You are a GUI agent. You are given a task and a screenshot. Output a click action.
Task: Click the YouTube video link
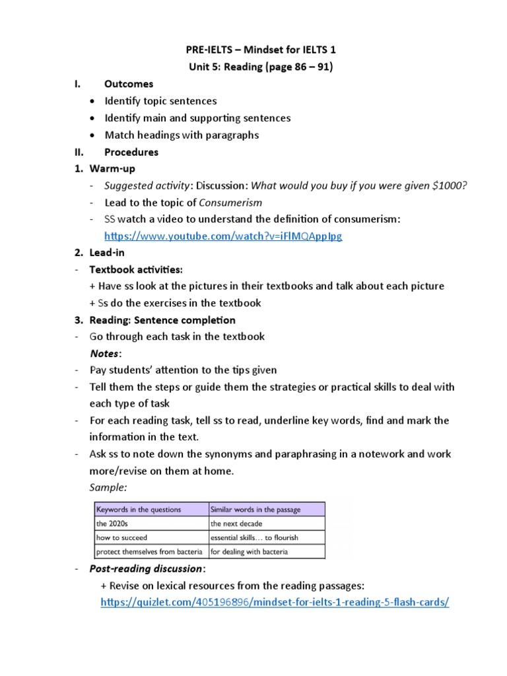(x=223, y=236)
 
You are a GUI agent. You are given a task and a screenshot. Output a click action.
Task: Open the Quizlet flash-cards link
(x=275, y=603)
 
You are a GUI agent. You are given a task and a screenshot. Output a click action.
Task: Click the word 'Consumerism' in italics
(x=230, y=203)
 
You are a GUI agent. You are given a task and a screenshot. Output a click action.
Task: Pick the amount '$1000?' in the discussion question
(x=449, y=186)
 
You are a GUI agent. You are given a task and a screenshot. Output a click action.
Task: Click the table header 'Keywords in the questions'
(x=139, y=509)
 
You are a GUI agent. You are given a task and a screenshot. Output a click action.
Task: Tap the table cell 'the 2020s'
(x=111, y=524)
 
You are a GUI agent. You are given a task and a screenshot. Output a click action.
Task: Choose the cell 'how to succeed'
(x=122, y=537)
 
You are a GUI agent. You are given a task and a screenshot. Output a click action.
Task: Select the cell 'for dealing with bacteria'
(x=249, y=551)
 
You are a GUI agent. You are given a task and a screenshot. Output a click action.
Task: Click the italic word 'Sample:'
(x=108, y=487)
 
